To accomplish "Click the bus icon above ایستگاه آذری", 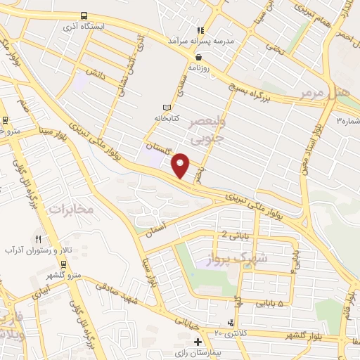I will pos(84,15).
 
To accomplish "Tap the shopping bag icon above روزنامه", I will pos(200,58).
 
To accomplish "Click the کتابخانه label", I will pos(168,118).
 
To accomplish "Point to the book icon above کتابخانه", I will pos(167,107).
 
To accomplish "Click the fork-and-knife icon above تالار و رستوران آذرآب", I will pos(38,239).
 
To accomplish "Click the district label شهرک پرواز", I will pos(264,259).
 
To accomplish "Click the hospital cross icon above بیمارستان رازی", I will pos(198,341).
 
